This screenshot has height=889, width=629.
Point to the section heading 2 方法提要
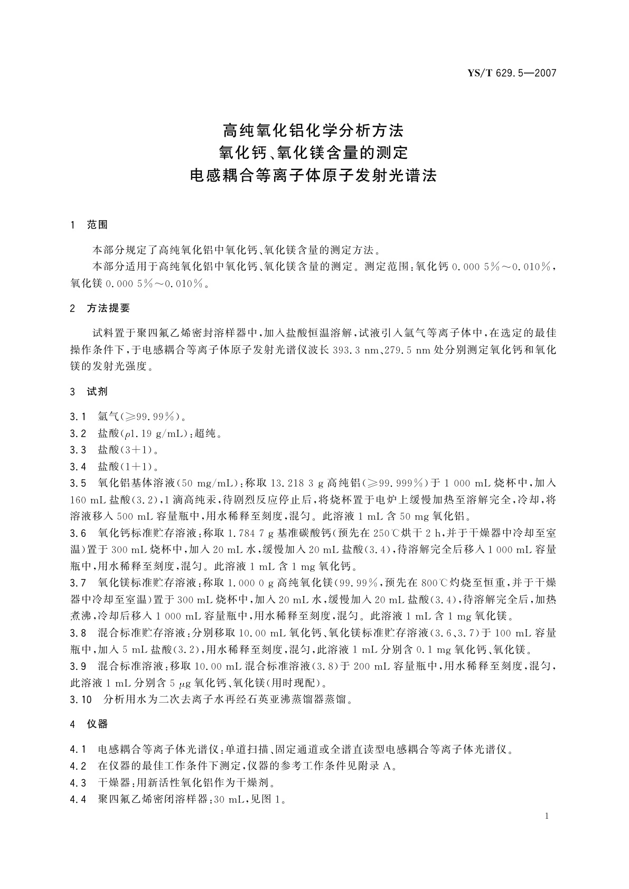pos(100,308)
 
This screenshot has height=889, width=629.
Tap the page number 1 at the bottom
pos(547,816)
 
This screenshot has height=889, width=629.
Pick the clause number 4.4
pos(78,799)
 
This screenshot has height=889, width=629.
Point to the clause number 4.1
pos(78,749)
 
